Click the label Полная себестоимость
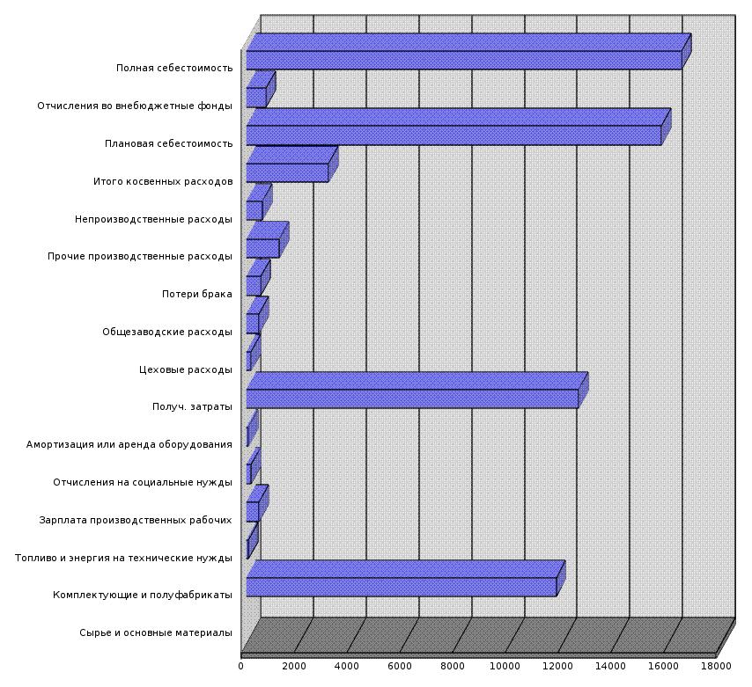tap(174, 68)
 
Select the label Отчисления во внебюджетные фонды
tap(135, 106)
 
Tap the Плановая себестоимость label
tap(168, 143)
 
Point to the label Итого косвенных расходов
tap(163, 181)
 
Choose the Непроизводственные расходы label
tap(153, 219)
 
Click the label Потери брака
tap(197, 294)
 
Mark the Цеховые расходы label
tap(186, 369)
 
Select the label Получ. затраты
tap(192, 406)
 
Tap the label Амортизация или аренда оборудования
tap(129, 444)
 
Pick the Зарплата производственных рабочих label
tap(136, 520)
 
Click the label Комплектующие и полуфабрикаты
tap(143, 596)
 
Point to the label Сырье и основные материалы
tap(156, 632)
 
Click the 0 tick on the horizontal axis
tap(241, 666)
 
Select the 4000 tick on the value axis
tap(346, 666)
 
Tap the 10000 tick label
tap(505, 666)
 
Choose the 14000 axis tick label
tap(611, 666)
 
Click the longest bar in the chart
tap(464, 60)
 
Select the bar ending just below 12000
tap(402, 587)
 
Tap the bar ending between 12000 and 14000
tap(412, 398)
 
